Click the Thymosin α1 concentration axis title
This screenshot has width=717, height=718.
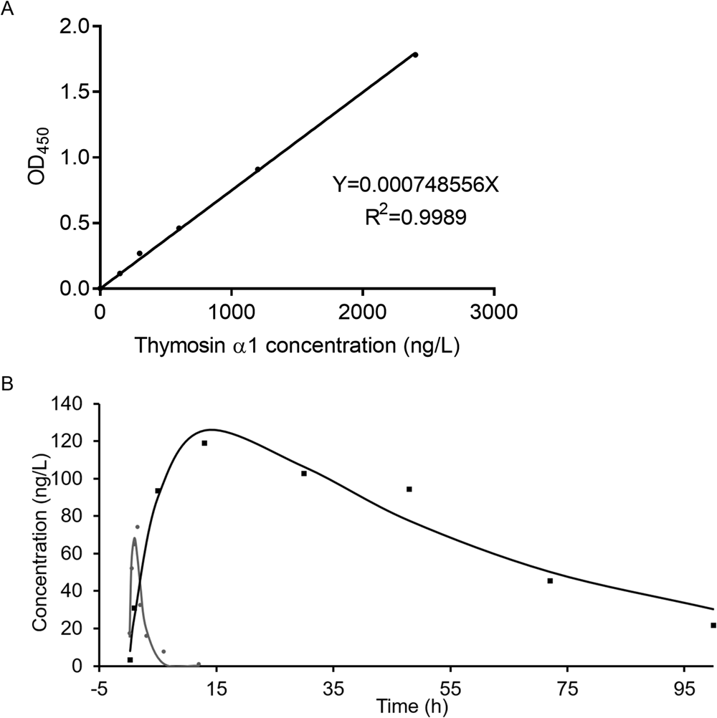pos(296,347)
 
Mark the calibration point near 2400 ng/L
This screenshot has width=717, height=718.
pos(415,54)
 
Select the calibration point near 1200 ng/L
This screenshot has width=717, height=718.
pos(257,169)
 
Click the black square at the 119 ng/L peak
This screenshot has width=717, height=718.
pos(204,443)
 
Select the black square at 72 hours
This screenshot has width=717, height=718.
pos(550,580)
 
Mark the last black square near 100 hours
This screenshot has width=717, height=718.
pos(713,625)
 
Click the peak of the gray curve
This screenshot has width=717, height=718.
pos(134,538)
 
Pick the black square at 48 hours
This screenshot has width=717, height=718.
pos(409,489)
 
